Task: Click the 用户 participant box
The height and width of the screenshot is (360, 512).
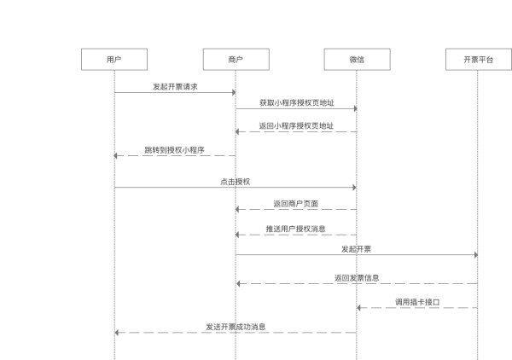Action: pyautogui.click(x=114, y=59)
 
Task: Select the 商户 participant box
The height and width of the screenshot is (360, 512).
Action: pyautogui.click(x=236, y=59)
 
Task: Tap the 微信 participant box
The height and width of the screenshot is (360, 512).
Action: pyautogui.click(x=357, y=59)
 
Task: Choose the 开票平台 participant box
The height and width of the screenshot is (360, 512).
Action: pyautogui.click(x=478, y=59)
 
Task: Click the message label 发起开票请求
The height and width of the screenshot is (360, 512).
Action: pyautogui.click(x=175, y=87)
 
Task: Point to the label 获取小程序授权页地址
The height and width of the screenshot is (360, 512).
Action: pyautogui.click(x=296, y=103)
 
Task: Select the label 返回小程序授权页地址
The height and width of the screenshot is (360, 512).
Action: pyautogui.click(x=296, y=126)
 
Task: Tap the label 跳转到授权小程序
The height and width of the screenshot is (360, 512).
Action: pyautogui.click(x=175, y=150)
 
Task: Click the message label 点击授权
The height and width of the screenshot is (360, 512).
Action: pyautogui.click(x=236, y=182)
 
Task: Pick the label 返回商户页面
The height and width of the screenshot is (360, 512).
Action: pyautogui.click(x=296, y=204)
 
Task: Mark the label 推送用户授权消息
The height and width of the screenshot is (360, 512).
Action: pyautogui.click(x=296, y=229)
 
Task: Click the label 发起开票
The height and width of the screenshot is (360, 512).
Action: pyautogui.click(x=356, y=249)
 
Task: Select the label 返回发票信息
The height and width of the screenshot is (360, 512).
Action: pyautogui.click(x=357, y=278)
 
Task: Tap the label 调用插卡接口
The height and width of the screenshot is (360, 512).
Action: pyautogui.click(x=417, y=302)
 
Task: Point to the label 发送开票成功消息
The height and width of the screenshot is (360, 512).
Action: pyautogui.click(x=236, y=327)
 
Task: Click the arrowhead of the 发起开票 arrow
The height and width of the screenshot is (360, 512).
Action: pyautogui.click(x=474, y=254)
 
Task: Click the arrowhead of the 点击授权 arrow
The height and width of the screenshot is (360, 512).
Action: pyautogui.click(x=353, y=187)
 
